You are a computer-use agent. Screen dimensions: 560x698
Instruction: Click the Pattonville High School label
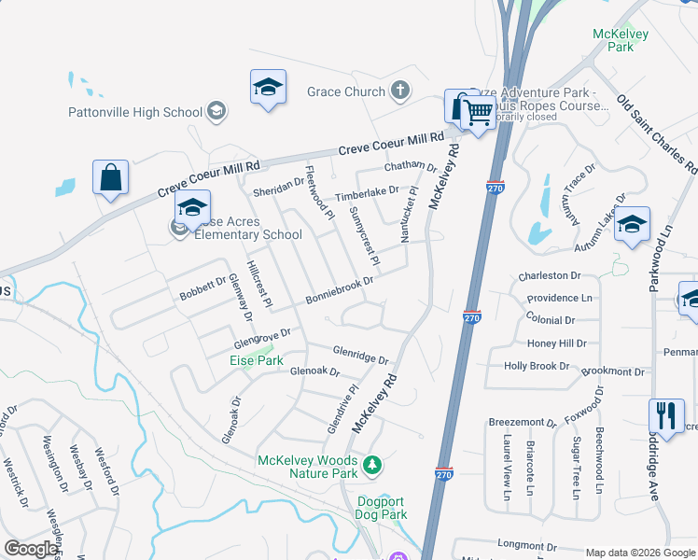coord(135,112)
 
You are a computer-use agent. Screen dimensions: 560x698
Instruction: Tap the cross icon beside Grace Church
coord(400,91)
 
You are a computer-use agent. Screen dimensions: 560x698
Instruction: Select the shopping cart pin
coord(479,114)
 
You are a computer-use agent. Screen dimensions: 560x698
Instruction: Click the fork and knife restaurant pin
coord(666,415)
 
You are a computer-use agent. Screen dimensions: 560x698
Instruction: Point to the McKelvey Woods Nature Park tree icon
coord(372,464)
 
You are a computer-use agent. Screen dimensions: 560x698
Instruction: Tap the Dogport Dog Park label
coord(383,508)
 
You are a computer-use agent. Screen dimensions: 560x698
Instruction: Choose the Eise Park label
coord(257,359)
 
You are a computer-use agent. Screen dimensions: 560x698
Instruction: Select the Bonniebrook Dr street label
coord(340,289)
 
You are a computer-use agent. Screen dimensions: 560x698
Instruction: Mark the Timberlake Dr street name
coord(367,192)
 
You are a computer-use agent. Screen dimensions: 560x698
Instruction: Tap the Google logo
coord(31,549)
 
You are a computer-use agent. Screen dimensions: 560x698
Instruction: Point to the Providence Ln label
coord(559,298)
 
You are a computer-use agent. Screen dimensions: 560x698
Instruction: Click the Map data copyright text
coord(639,553)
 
